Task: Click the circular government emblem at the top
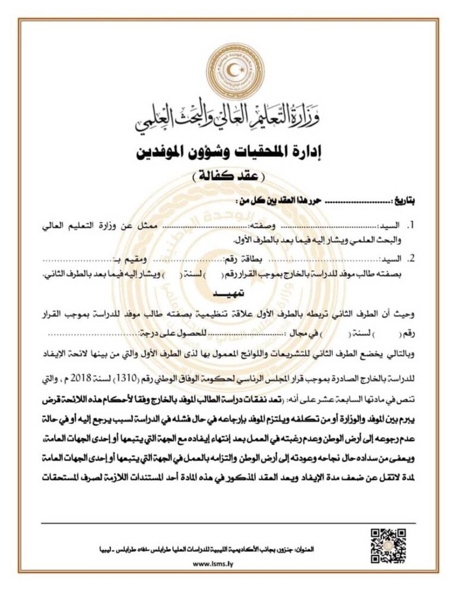click(x=228, y=71)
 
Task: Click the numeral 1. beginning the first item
click(x=409, y=226)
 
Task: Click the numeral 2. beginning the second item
click(x=409, y=260)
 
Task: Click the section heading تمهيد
click(x=228, y=295)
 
